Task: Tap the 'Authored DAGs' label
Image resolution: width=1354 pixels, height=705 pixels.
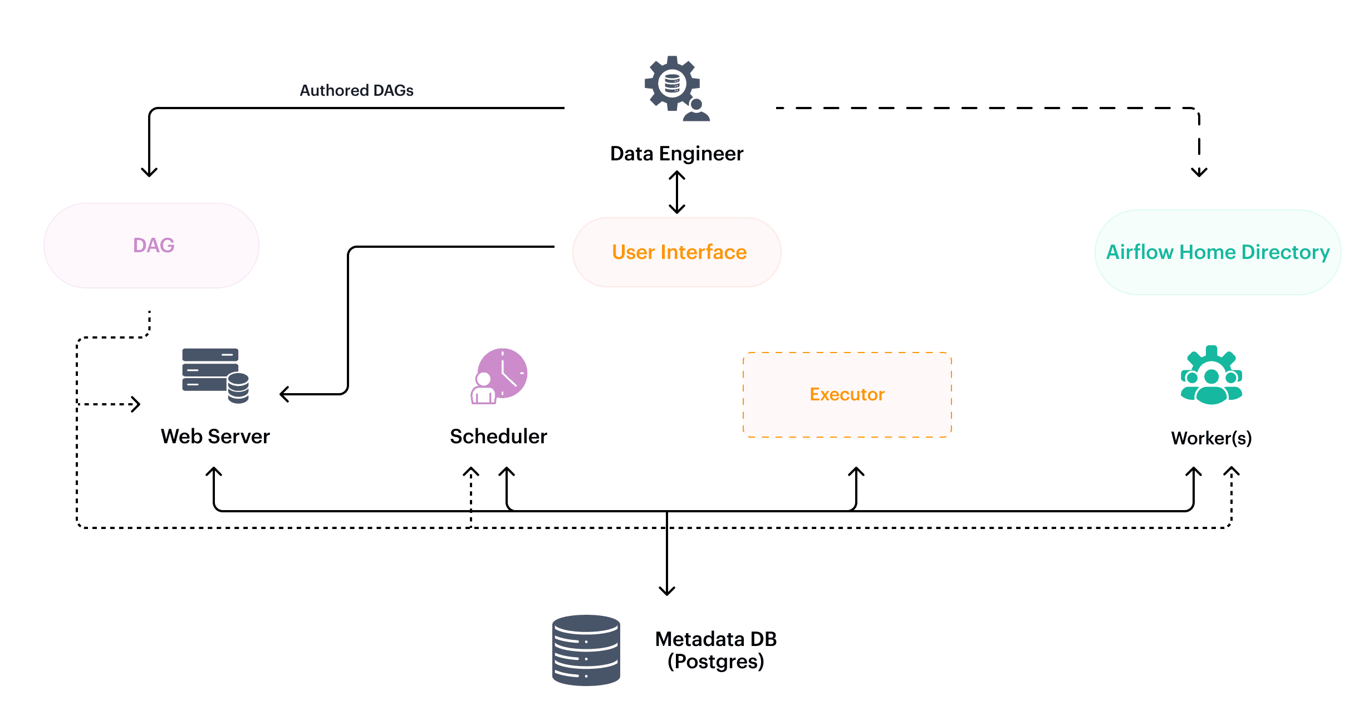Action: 356,90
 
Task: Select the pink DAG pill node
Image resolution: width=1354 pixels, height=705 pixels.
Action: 151,246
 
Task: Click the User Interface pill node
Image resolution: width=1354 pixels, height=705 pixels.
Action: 677,252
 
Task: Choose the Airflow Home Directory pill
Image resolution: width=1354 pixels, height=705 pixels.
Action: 1217,252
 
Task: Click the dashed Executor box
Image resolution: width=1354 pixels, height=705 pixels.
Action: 847,394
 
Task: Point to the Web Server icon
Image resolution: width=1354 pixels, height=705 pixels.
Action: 215,375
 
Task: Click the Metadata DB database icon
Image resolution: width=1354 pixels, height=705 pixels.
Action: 586,650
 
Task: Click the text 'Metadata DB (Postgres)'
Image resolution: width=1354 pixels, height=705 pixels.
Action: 715,650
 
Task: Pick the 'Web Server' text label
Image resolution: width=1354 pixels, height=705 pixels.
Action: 215,437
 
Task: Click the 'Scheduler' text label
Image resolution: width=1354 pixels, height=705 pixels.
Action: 498,437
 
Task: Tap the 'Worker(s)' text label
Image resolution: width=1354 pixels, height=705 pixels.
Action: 1211,438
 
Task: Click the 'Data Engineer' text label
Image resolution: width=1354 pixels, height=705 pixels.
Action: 676,154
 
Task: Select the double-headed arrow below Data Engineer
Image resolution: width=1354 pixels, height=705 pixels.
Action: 676,192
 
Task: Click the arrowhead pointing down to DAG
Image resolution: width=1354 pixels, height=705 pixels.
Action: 149,172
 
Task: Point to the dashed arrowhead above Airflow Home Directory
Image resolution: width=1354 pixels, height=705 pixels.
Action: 1199,172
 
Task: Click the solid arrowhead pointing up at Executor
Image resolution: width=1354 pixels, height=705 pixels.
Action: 856,472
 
